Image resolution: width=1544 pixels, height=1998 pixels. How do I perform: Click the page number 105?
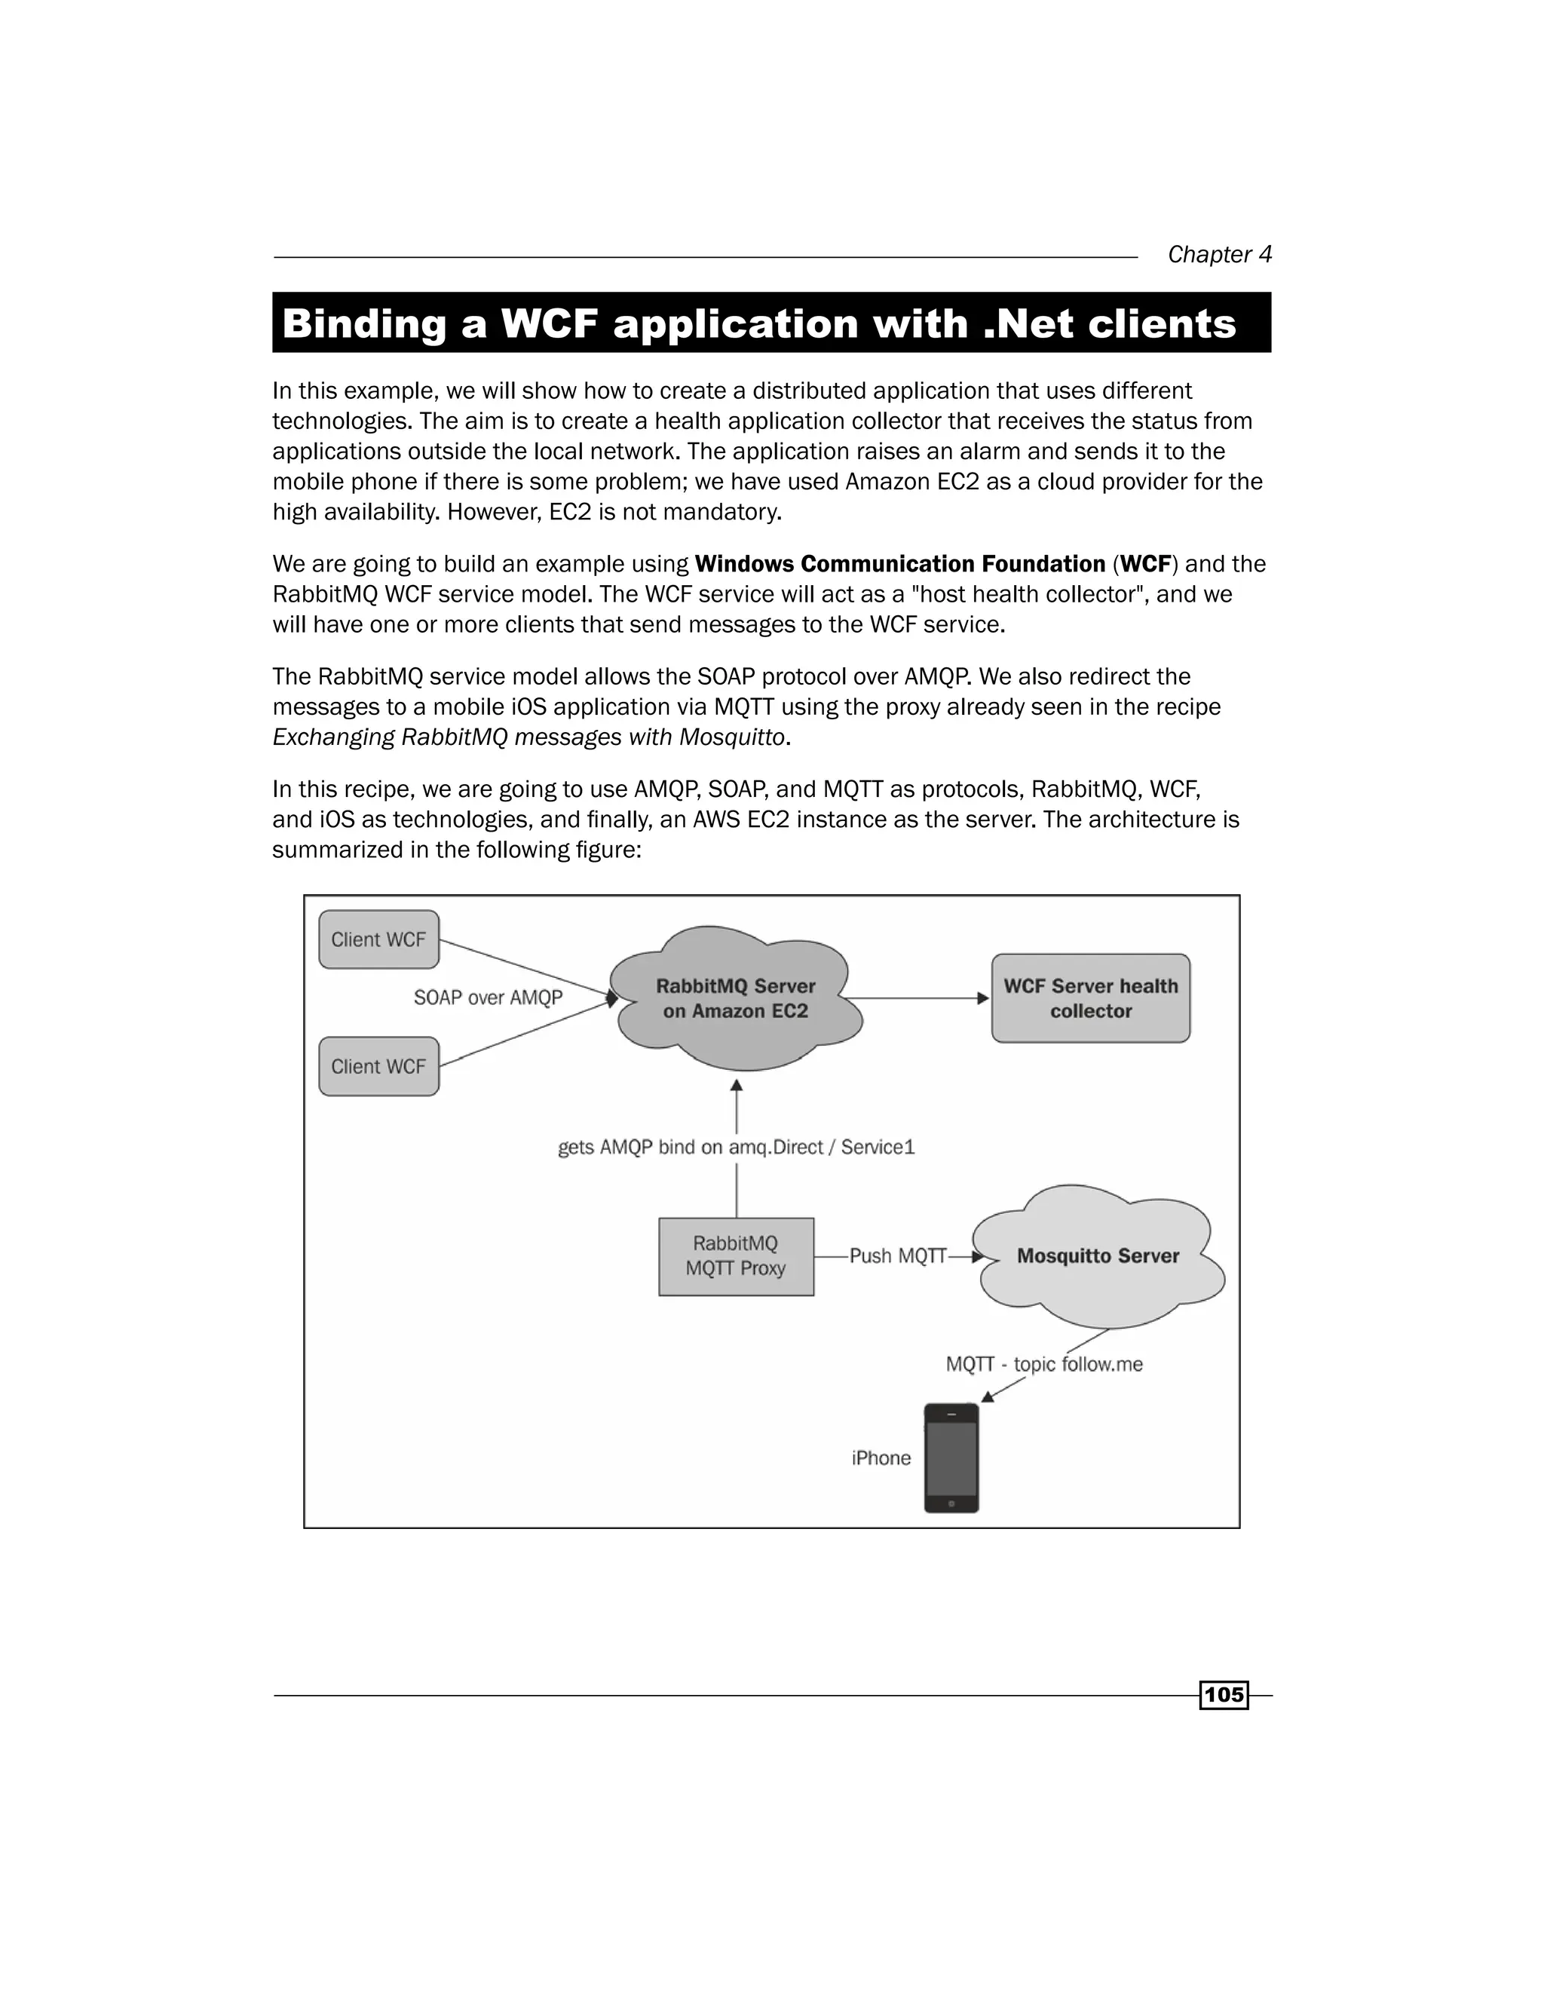click(1224, 1695)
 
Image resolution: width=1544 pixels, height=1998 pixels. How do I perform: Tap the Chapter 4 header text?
click(1219, 254)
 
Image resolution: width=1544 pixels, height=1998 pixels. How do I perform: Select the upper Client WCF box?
click(378, 939)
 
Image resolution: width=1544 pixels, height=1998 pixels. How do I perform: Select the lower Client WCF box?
click(378, 1066)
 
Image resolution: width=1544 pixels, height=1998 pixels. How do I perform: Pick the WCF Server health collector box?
click(1090, 998)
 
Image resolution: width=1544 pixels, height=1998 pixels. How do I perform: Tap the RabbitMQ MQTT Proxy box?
click(735, 1256)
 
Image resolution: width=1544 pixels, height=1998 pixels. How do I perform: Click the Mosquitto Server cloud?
click(1098, 1256)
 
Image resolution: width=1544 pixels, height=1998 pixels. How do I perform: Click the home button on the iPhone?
click(951, 1504)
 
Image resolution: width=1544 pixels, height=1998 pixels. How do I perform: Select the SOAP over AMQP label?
click(488, 998)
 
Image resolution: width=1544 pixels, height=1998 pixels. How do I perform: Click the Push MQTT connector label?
click(897, 1256)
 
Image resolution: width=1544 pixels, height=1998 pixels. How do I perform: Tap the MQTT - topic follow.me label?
click(1043, 1364)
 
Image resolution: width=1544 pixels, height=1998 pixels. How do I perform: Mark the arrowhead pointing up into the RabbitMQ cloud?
click(737, 1086)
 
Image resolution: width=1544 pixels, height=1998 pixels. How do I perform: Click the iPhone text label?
click(881, 1458)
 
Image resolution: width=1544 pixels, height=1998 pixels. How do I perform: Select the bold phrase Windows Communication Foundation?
click(900, 565)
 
